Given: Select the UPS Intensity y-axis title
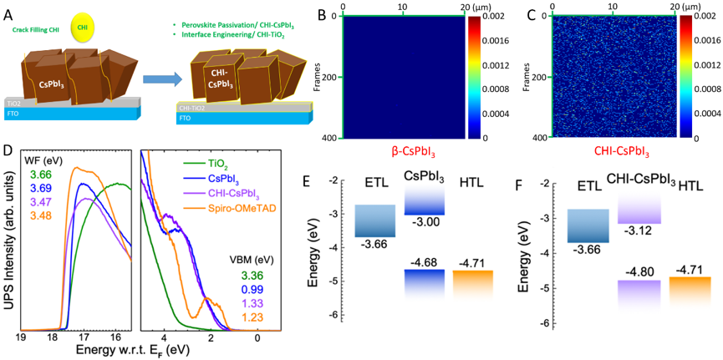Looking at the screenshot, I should (8, 242).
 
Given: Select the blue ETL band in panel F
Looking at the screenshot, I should (588, 224).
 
